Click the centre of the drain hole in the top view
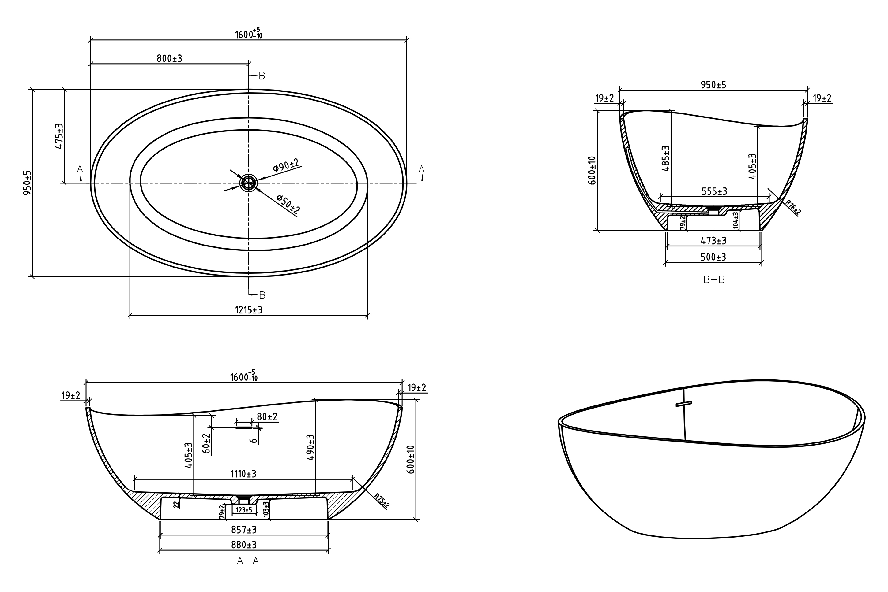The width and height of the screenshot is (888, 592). (248, 183)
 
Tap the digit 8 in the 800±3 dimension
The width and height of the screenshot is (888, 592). (160, 58)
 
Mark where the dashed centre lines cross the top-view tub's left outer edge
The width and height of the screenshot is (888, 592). (91, 183)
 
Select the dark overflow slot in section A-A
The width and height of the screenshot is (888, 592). (244, 428)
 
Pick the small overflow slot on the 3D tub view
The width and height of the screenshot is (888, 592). (683, 404)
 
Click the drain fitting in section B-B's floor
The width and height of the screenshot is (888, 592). (713, 211)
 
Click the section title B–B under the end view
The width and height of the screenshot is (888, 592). (714, 280)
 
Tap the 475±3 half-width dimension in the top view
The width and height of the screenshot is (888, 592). (59, 136)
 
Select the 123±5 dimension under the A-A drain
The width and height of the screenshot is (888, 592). (244, 510)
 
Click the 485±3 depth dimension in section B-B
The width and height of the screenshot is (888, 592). (666, 159)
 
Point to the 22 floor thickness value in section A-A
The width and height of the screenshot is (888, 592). (176, 505)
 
